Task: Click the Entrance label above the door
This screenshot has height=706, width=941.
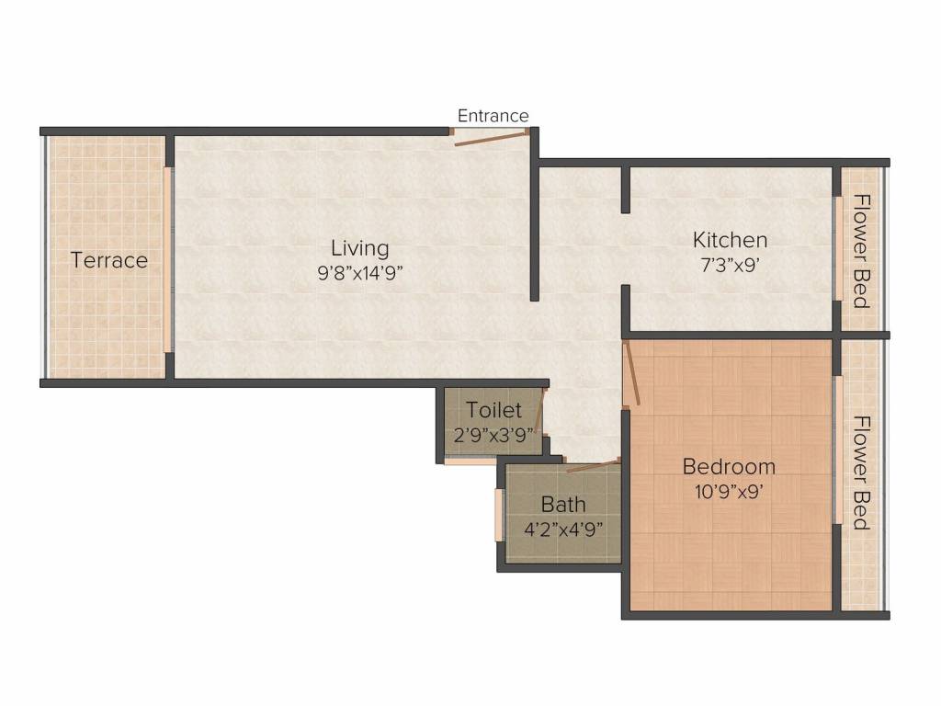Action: [493, 115]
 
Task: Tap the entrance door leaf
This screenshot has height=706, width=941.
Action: [492, 138]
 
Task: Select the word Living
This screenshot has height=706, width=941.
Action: [360, 248]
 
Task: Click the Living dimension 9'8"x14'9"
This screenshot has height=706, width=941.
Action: [359, 274]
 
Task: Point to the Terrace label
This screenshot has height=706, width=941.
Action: [109, 260]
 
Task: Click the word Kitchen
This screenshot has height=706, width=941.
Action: [730, 240]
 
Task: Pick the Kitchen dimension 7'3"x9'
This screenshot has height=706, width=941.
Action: [730, 265]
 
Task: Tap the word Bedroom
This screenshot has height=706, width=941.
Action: [729, 466]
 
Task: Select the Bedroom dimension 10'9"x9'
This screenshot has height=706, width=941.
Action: [729, 493]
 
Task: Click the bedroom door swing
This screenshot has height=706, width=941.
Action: [632, 373]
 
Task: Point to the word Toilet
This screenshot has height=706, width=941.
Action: [493, 410]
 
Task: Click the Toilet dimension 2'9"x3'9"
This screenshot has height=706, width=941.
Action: [493, 435]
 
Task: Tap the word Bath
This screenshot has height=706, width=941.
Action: [563, 505]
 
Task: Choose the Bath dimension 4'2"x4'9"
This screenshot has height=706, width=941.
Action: [563, 530]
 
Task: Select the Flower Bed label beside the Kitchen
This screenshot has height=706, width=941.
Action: [862, 251]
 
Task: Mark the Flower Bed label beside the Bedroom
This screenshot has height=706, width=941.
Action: [862, 473]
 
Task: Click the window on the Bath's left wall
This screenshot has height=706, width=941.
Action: [499, 515]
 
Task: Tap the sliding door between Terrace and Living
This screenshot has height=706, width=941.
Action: [168, 259]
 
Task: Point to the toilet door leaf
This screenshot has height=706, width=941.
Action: [540, 412]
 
